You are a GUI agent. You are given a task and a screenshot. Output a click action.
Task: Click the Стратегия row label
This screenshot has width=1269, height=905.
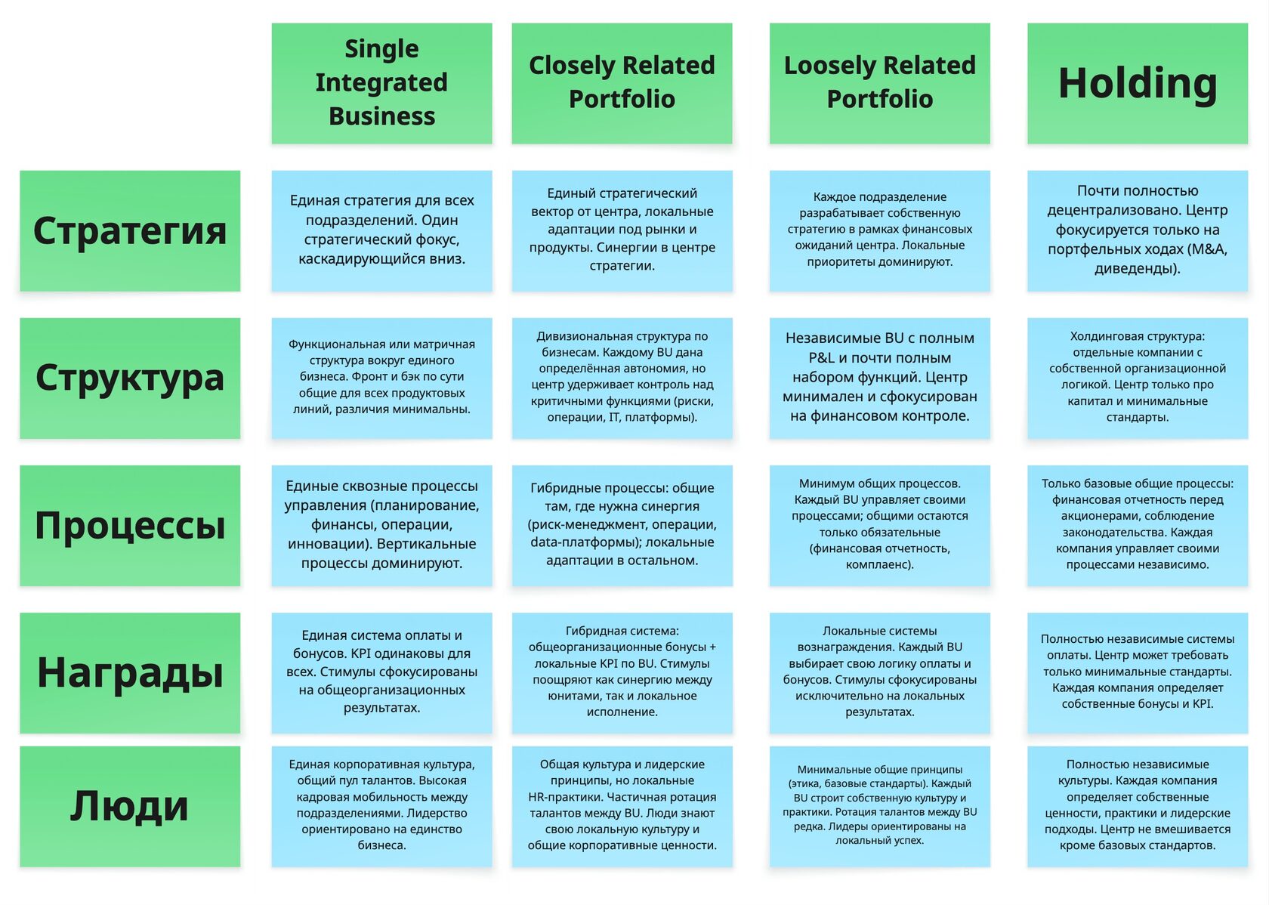coord(130,231)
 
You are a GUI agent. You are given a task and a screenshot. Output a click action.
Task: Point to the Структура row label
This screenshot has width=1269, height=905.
coord(130,378)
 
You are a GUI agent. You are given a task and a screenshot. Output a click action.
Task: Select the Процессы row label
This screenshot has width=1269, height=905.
coord(130,525)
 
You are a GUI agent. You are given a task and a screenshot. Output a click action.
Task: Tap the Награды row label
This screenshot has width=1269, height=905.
coord(130,672)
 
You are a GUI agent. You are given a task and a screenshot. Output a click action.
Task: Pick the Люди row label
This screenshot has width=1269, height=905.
coord(130,806)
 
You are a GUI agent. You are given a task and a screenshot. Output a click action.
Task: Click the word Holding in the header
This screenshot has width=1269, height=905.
coord(1137,83)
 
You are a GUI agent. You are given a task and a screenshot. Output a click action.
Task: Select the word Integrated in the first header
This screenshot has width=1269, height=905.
coord(381,82)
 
